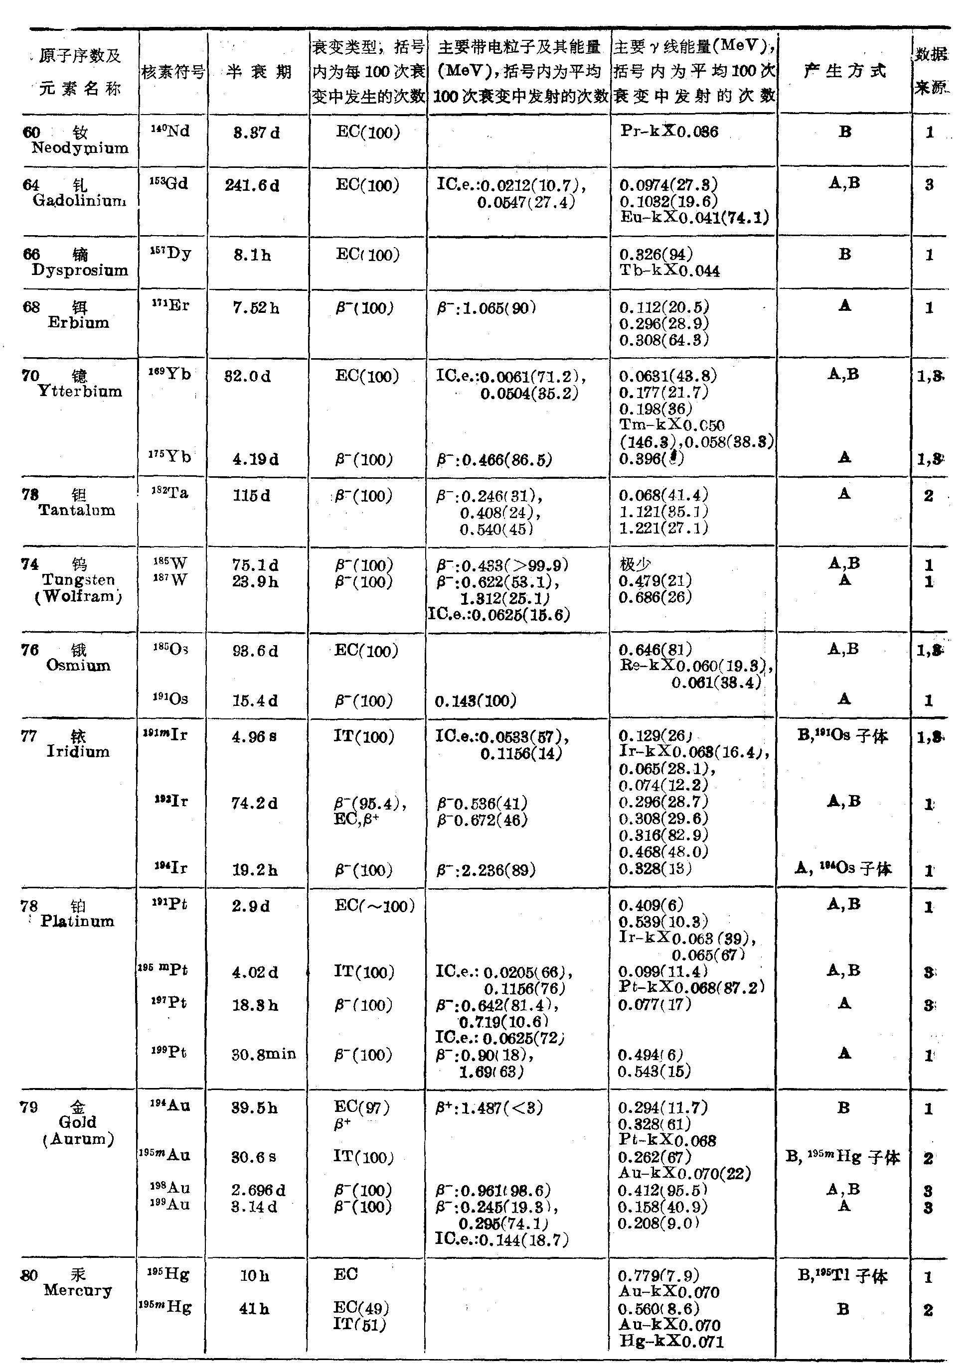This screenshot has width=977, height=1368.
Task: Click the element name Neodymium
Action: [80, 148]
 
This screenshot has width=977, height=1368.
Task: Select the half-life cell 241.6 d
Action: [252, 186]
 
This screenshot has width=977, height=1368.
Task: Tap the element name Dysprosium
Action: [80, 271]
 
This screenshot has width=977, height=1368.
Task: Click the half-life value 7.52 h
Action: [256, 308]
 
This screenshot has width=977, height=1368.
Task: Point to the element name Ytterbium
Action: [80, 392]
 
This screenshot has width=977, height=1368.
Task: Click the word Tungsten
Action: [78, 580]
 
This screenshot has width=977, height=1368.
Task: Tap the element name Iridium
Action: [78, 752]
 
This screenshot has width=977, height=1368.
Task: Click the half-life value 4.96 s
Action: [255, 737]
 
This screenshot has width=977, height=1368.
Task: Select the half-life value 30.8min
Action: [264, 1054]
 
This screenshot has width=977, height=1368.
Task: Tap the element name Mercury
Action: [78, 1290]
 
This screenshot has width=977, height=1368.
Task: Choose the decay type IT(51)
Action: [359, 1324]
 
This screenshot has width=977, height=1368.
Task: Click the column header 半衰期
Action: [259, 72]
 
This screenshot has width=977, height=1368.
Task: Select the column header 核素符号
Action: [173, 73]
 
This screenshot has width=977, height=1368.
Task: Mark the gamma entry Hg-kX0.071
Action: [671, 1342]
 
